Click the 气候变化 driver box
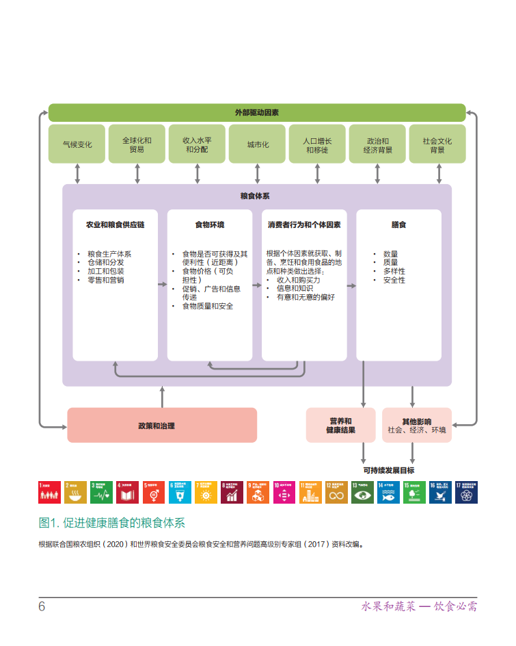(x=77, y=144)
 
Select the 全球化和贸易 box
(x=137, y=144)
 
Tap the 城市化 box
(x=257, y=144)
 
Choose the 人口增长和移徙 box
(x=317, y=144)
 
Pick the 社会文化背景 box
(x=437, y=144)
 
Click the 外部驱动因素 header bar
(x=257, y=113)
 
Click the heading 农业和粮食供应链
(x=116, y=224)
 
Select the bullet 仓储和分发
(x=105, y=263)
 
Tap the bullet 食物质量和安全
(x=207, y=306)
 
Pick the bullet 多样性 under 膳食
(x=394, y=272)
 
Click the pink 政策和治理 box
(x=162, y=425)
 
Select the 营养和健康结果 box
(x=341, y=425)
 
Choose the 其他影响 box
(x=416, y=425)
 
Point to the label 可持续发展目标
(x=388, y=470)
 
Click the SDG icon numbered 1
(x=49, y=493)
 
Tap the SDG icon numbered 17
(x=467, y=493)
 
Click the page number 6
(x=42, y=607)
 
